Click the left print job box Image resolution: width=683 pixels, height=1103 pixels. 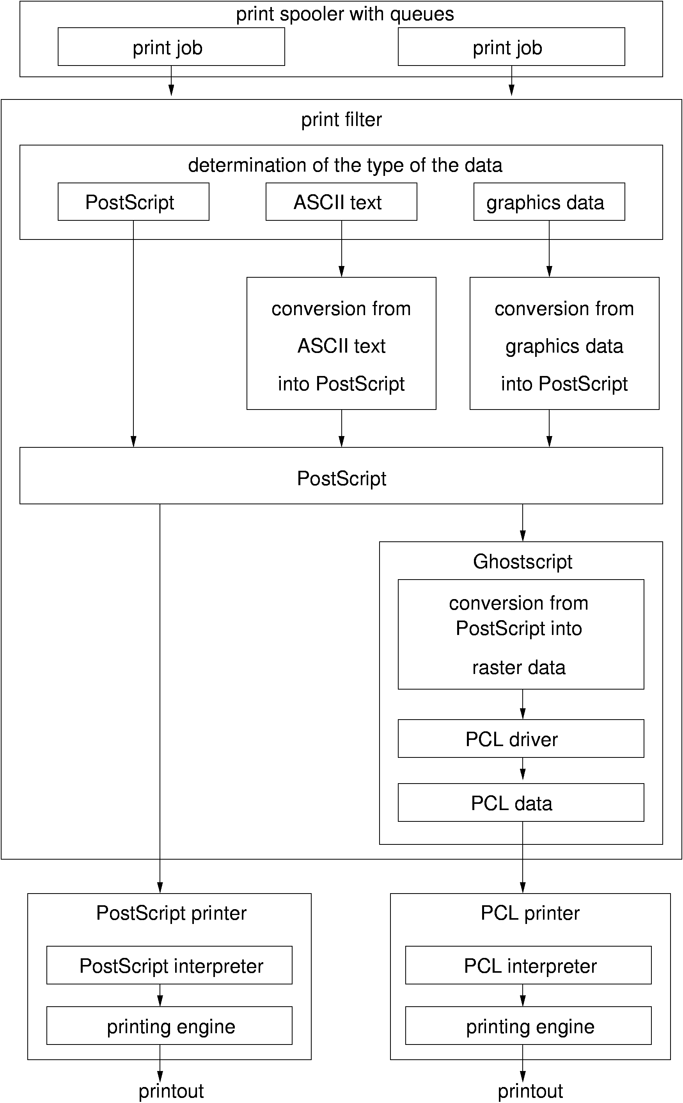171,47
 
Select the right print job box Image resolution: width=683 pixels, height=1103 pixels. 511,47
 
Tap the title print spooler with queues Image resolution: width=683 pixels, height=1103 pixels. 345,14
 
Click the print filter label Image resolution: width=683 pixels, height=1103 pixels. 342,120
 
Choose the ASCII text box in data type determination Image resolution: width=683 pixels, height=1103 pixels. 341,202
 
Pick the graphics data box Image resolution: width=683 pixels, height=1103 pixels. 549,202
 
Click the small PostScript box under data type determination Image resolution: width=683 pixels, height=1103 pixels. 133,202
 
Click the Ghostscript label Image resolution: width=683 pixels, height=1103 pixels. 523,562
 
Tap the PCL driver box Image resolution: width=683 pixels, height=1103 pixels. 520,739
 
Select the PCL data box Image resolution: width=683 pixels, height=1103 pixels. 520,803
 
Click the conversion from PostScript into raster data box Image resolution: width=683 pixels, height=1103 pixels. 520,635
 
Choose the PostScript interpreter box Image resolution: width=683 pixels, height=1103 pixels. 169,966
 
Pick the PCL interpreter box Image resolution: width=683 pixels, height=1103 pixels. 528,966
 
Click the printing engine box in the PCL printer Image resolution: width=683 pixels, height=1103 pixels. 528,1026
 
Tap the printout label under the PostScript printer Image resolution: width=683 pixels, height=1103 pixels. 171,1091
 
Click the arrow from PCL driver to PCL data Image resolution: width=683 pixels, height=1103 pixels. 523,770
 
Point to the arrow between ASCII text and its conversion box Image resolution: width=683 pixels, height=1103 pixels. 342,249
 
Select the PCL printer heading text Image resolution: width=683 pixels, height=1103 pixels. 530,913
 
